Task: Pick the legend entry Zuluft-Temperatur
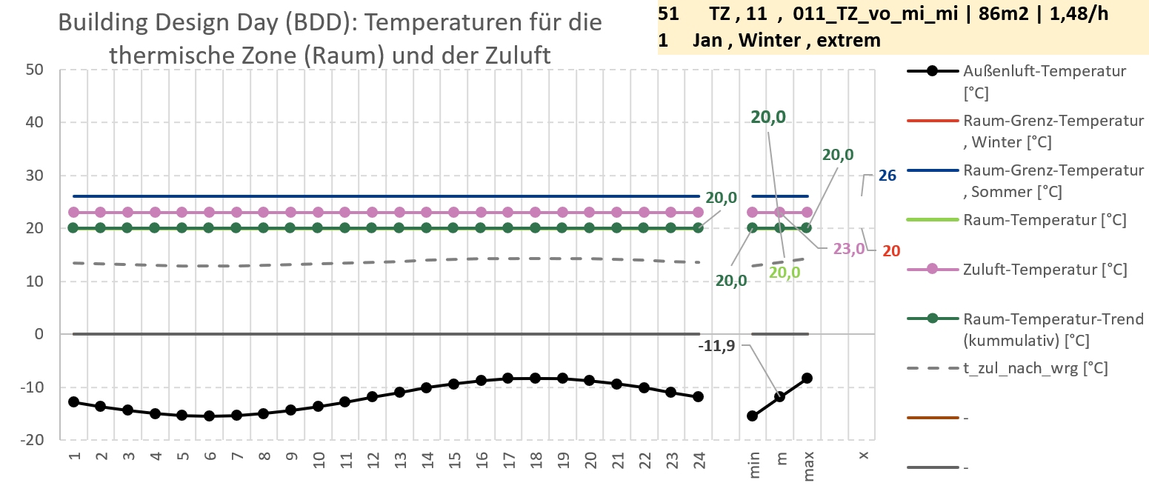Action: [x=1045, y=270]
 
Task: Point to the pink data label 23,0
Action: [x=849, y=249]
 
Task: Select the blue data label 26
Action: [x=887, y=176]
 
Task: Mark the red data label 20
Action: [x=891, y=250]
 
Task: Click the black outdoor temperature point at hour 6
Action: [x=209, y=416]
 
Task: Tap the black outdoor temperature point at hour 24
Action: [x=698, y=397]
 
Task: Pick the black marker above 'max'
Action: [x=807, y=378]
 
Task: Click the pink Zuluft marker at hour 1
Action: [x=73, y=213]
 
